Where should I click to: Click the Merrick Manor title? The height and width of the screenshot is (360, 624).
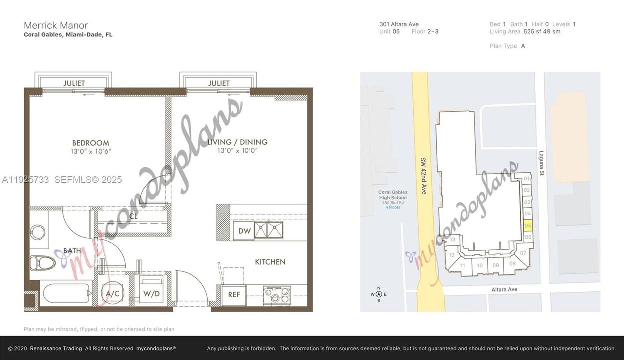tap(56, 25)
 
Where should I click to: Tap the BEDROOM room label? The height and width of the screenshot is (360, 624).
tap(90, 143)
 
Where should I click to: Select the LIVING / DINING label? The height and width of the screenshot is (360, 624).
tap(237, 142)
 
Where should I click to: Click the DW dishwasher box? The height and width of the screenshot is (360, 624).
tap(244, 231)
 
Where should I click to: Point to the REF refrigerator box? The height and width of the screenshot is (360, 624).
tap(234, 295)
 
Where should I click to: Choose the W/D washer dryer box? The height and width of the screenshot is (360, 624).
tap(151, 294)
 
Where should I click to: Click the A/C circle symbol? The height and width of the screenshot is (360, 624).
tap(113, 294)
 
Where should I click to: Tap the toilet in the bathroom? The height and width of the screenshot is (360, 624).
tap(40, 262)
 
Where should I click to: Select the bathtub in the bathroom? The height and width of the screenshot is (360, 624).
tap(66, 293)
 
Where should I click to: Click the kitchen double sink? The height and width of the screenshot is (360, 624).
tap(269, 230)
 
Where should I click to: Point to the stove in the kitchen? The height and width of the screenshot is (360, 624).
tap(273, 295)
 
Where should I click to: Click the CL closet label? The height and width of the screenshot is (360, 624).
tap(133, 217)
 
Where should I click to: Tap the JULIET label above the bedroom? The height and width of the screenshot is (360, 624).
tap(74, 83)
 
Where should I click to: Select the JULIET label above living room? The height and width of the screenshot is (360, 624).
tap(219, 83)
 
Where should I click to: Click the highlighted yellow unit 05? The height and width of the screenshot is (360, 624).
tap(528, 226)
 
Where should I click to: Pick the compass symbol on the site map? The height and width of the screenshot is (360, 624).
tap(379, 294)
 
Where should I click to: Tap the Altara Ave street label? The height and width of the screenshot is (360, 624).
tap(504, 290)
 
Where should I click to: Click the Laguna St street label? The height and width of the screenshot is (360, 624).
tap(541, 163)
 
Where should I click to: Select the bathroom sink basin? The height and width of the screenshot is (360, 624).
tap(38, 232)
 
